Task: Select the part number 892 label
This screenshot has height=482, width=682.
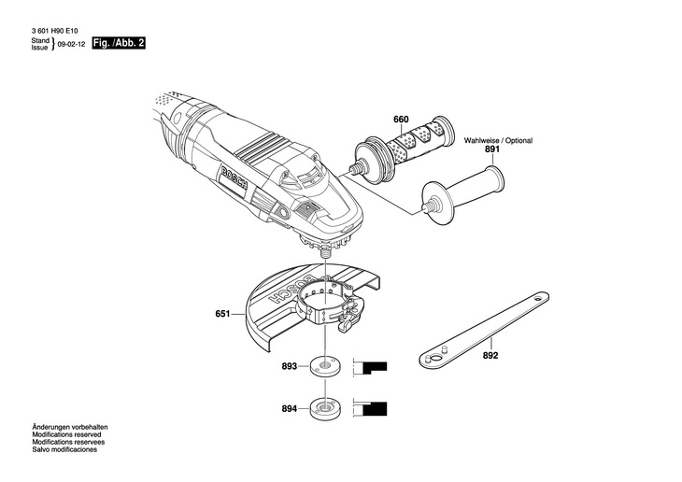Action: (490, 355)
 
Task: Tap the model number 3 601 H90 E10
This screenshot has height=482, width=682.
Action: (56, 31)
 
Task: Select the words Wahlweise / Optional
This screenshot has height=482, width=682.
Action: (498, 140)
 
